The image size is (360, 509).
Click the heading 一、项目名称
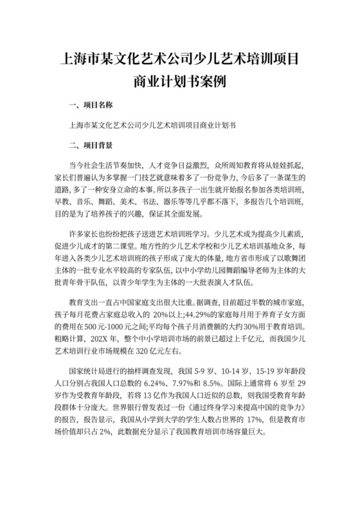pyautogui.click(x=89, y=103)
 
